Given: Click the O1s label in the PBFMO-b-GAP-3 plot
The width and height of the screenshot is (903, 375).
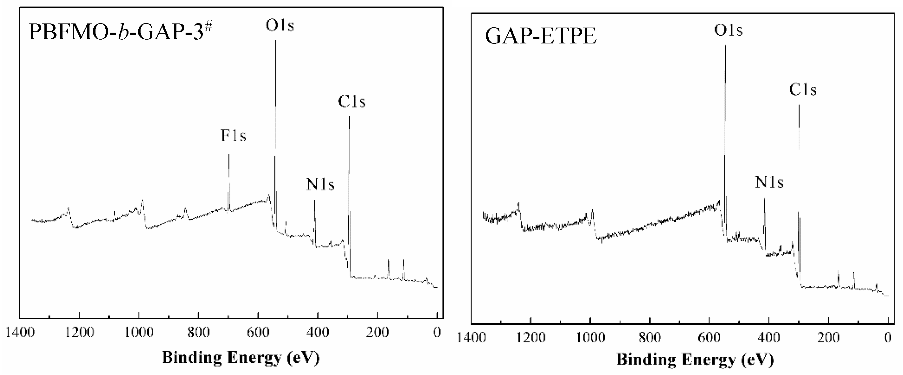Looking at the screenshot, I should tap(280, 26).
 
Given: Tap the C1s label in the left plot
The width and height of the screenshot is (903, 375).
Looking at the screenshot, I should tap(352, 102).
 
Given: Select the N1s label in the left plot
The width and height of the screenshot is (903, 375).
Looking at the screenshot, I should tap(320, 184).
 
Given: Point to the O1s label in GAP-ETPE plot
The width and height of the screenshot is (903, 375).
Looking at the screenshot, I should tap(728, 30).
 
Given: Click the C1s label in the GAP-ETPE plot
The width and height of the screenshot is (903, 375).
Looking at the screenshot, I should tap(803, 90).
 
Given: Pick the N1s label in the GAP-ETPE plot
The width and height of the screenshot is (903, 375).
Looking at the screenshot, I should tap(769, 182).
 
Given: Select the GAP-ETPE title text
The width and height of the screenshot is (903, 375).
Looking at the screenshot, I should tap(540, 36).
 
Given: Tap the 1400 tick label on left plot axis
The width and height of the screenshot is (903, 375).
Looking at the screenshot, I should tap(20, 332).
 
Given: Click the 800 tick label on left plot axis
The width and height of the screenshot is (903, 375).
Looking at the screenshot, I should tap(198, 332).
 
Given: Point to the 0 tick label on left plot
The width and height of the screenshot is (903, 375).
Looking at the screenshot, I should tap(437, 332).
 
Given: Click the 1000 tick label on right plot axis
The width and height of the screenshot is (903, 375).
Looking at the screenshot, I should tap(591, 338).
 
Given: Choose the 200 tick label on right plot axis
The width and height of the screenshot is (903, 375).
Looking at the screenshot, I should tap(828, 338).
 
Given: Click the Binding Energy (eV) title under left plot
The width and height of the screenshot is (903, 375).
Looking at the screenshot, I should tap(241, 358).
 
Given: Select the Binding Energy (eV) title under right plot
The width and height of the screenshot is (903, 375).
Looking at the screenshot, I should tap(695, 359).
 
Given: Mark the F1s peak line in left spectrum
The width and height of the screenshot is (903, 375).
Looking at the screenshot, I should tap(229, 182).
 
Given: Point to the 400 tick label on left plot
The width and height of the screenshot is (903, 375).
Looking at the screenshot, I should tap(318, 332).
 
